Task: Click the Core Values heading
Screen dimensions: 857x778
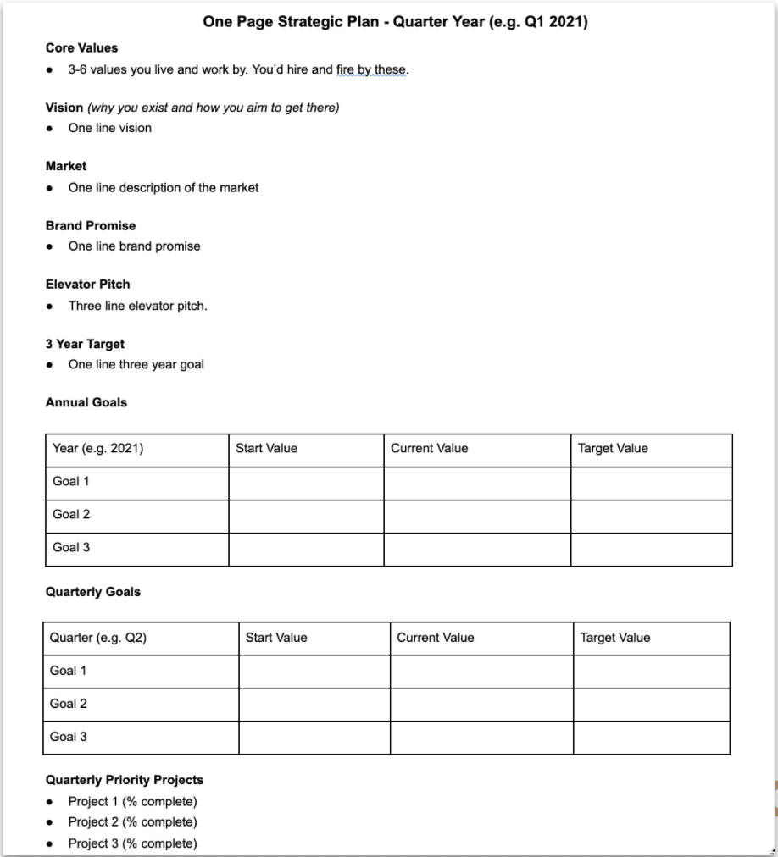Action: click(x=81, y=48)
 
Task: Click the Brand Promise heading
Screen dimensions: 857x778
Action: click(x=91, y=226)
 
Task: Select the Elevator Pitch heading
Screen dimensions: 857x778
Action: click(x=88, y=285)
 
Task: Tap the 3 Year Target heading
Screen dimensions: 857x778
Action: click(x=85, y=344)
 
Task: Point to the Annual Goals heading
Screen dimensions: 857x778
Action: click(x=86, y=403)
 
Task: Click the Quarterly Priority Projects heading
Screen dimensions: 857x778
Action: click(x=125, y=780)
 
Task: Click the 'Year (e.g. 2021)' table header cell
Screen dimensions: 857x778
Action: click(x=97, y=449)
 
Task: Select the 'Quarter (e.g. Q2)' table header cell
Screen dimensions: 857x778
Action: click(x=98, y=638)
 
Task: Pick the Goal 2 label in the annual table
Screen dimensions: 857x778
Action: click(x=71, y=515)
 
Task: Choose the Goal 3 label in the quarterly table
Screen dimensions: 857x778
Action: click(x=69, y=737)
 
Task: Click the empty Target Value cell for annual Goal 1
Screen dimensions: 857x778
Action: click(x=651, y=483)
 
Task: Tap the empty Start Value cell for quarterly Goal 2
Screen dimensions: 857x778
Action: click(x=314, y=705)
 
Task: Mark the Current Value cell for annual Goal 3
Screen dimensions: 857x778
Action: click(x=476, y=549)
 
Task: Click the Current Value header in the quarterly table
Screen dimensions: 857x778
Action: click(x=436, y=638)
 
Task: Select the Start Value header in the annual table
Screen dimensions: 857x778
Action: click(x=266, y=449)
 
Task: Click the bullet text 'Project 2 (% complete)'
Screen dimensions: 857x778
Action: click(x=132, y=822)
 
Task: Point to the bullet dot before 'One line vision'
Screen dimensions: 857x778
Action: click(x=52, y=129)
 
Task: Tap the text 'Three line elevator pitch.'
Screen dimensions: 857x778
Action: click(x=137, y=306)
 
